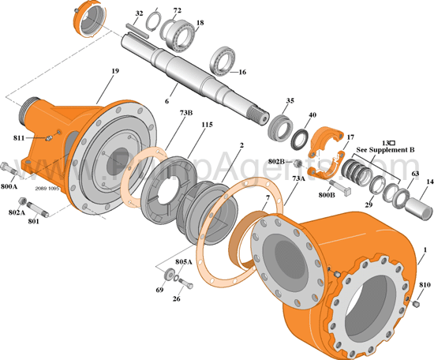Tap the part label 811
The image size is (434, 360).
point(24,137)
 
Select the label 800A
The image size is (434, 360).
point(9,187)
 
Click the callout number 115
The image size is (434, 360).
point(207,125)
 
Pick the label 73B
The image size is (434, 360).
point(185,113)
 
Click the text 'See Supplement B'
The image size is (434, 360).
point(384,149)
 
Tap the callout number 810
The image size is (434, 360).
point(425,284)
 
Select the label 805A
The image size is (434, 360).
point(184,261)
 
